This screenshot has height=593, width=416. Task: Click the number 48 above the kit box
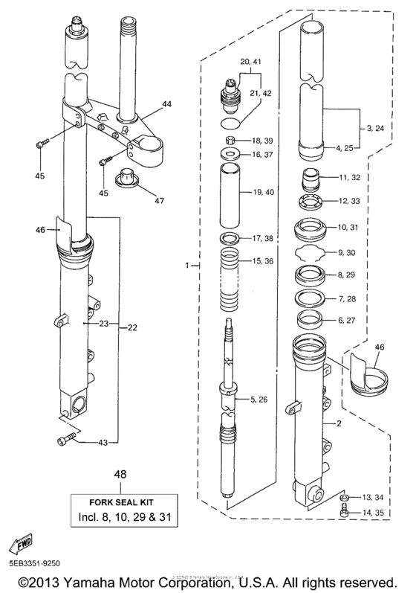tap(118, 473)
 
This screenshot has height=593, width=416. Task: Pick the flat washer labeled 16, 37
tap(230, 155)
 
